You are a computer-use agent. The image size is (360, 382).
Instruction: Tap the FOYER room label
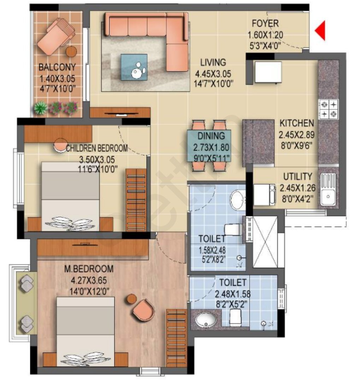(x=265, y=24)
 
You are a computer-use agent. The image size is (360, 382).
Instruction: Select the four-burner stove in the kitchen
(x=329, y=109)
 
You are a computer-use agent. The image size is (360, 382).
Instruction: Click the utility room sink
(x=328, y=189)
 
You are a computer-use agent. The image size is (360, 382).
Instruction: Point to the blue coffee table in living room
(x=134, y=67)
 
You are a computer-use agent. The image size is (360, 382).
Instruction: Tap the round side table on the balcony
(x=71, y=52)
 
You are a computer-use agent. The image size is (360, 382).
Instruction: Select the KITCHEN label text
(x=296, y=123)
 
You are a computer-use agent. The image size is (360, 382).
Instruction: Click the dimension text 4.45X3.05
(x=213, y=74)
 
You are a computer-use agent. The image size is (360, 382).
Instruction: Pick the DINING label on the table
(x=211, y=136)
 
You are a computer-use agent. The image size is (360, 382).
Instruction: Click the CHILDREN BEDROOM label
(x=97, y=148)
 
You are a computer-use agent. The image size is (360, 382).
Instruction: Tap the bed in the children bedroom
(x=70, y=196)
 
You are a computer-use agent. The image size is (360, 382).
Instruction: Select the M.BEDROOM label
(x=89, y=269)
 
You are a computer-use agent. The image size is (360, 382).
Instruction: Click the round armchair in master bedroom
(x=144, y=310)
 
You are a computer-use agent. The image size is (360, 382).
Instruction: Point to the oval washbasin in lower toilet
(x=206, y=320)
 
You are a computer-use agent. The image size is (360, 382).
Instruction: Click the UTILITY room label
(x=297, y=176)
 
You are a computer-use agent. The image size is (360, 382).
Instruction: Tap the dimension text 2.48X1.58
(x=232, y=294)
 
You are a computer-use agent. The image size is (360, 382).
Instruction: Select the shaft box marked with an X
(x=265, y=242)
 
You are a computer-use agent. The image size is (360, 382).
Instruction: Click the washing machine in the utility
(x=265, y=195)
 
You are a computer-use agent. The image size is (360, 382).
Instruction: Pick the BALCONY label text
(x=57, y=67)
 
